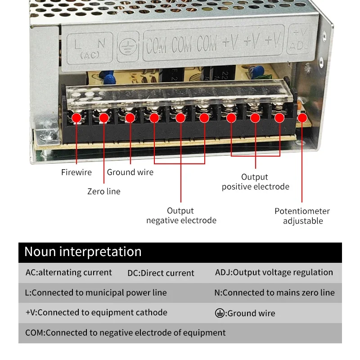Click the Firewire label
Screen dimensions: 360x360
click(76, 172)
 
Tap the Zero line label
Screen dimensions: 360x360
click(104, 191)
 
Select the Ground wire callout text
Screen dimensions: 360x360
click(130, 172)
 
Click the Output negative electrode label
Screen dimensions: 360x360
click(181, 216)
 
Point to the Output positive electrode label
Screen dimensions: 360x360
click(255, 182)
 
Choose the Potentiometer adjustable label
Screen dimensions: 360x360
click(302, 216)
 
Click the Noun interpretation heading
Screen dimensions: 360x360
click(83, 252)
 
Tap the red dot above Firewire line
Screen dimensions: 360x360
click(76, 118)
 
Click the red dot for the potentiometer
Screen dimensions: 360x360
click(302, 118)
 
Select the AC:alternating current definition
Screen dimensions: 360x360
click(69, 272)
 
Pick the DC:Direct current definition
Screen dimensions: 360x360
click(161, 273)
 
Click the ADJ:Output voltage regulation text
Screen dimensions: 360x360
click(274, 272)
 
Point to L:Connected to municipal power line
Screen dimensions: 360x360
click(96, 292)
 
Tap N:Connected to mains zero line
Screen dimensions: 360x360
click(274, 292)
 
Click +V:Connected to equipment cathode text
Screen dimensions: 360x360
click(96, 312)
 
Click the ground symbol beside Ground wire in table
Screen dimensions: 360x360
click(220, 313)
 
